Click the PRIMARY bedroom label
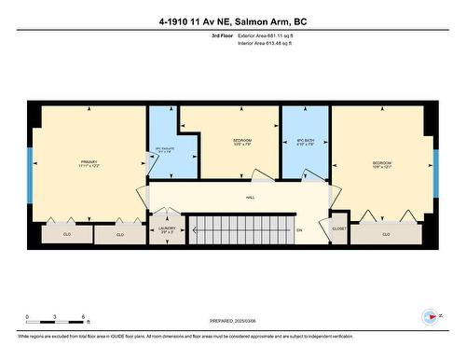(89, 161)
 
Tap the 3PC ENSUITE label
(164, 150)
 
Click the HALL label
(251, 198)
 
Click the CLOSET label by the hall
(338, 227)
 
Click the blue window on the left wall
(31, 174)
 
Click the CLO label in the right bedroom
(386, 234)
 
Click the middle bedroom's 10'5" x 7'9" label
(242, 145)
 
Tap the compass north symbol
(432, 316)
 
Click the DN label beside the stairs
(299, 228)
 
